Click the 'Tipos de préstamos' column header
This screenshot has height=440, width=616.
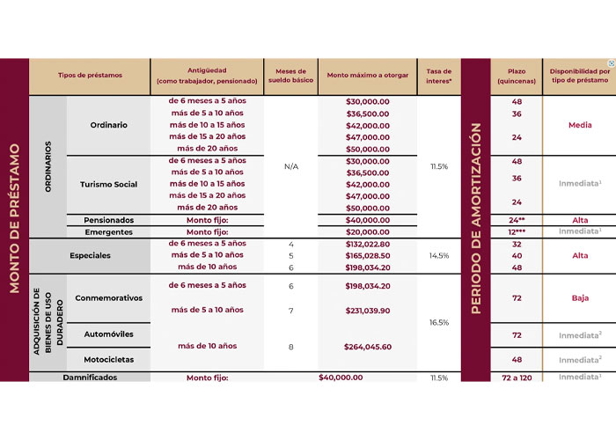coord(90,77)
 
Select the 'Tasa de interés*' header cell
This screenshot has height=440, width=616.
coord(438,77)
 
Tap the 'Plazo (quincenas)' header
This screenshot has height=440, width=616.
coord(517,77)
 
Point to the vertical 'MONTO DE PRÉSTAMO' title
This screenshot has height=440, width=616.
coord(15,219)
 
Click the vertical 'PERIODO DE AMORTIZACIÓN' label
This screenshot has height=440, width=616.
coord(476,219)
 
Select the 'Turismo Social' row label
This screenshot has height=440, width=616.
coord(108,184)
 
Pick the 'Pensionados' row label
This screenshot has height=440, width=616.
coord(108,220)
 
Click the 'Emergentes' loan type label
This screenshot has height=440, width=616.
coord(108,231)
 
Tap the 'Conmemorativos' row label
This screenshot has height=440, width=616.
coord(108,297)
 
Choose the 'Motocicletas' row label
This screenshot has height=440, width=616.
coord(108,359)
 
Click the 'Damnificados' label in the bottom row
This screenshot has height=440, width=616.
coord(90,378)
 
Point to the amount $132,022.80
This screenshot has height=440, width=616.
coord(367,244)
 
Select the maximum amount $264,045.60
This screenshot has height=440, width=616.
coord(367,347)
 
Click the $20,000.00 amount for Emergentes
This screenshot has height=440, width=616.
coord(367,231)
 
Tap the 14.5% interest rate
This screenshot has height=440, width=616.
coord(438,255)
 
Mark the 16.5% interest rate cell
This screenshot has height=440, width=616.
coord(438,323)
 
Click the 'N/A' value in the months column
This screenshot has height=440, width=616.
coord(290,166)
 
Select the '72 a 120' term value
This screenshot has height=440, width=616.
coord(517,378)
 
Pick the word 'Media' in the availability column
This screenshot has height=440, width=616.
coord(579,125)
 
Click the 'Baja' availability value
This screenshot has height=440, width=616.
coord(579,298)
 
